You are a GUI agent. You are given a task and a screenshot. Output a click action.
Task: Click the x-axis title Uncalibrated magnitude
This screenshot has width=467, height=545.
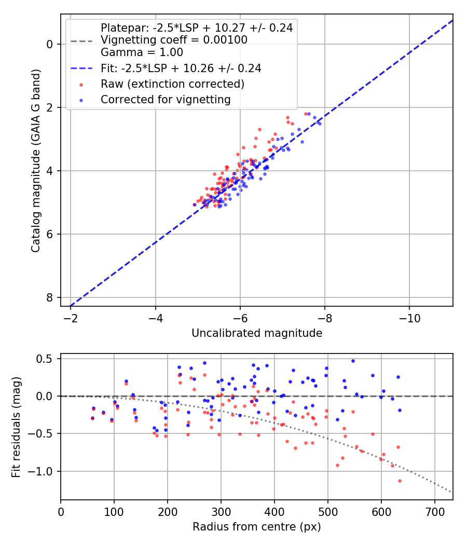click(257, 333)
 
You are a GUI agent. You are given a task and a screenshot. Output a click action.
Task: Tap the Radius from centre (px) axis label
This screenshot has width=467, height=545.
click(257, 527)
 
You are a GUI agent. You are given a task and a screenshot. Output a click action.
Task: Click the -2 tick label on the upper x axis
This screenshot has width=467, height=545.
click(71, 317)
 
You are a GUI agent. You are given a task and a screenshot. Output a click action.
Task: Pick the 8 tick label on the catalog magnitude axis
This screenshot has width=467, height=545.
click(50, 297)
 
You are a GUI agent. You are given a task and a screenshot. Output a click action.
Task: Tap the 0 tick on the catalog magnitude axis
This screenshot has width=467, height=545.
click(50, 44)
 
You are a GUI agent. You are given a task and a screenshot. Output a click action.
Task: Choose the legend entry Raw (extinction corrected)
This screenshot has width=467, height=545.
click(172, 84)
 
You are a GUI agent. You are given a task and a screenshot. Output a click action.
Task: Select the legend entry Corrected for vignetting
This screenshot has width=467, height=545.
click(166, 99)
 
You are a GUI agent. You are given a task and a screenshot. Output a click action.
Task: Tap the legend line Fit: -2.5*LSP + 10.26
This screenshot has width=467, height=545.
click(181, 68)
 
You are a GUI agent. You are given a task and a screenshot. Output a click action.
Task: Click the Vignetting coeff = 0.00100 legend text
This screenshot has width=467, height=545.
click(174, 40)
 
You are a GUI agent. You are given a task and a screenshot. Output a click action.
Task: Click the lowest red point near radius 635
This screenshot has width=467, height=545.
click(400, 481)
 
